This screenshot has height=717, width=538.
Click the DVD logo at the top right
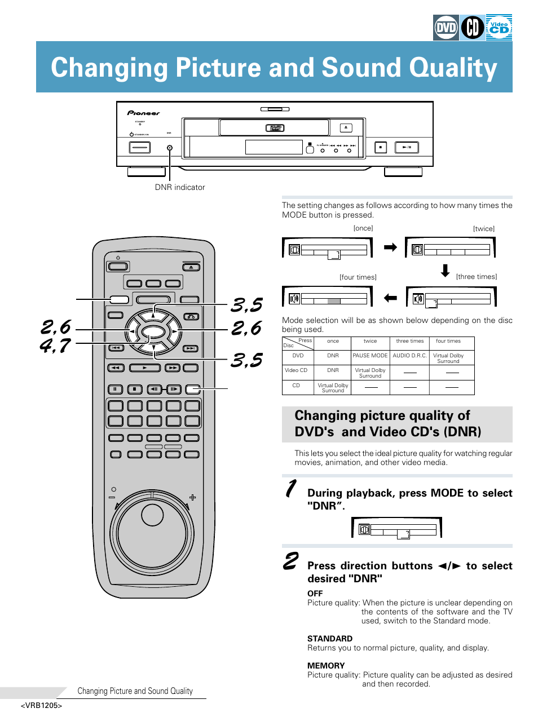(x=446, y=28)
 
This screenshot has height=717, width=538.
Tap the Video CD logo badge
(x=499, y=28)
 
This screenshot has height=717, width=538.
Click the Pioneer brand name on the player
(x=143, y=113)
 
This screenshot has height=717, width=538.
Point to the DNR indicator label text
(x=180, y=187)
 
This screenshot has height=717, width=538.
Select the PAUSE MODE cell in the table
(x=370, y=356)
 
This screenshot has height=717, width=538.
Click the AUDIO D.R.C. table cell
(x=410, y=356)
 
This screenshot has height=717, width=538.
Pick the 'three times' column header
(x=410, y=341)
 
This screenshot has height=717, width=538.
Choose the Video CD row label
(x=296, y=370)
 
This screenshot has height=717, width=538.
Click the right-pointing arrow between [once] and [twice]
(x=390, y=247)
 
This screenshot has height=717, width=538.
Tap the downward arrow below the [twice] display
(x=446, y=271)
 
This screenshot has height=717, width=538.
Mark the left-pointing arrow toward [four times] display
(x=390, y=298)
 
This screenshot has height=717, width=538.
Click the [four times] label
(x=358, y=277)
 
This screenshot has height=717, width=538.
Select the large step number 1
(x=291, y=489)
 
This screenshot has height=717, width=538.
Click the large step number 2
(x=291, y=561)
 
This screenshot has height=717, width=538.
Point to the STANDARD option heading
(x=330, y=639)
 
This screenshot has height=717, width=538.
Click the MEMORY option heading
(x=326, y=666)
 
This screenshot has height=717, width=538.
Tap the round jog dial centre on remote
(x=152, y=515)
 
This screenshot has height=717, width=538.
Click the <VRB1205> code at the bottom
(x=41, y=706)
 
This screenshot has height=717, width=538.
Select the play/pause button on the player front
(x=406, y=148)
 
